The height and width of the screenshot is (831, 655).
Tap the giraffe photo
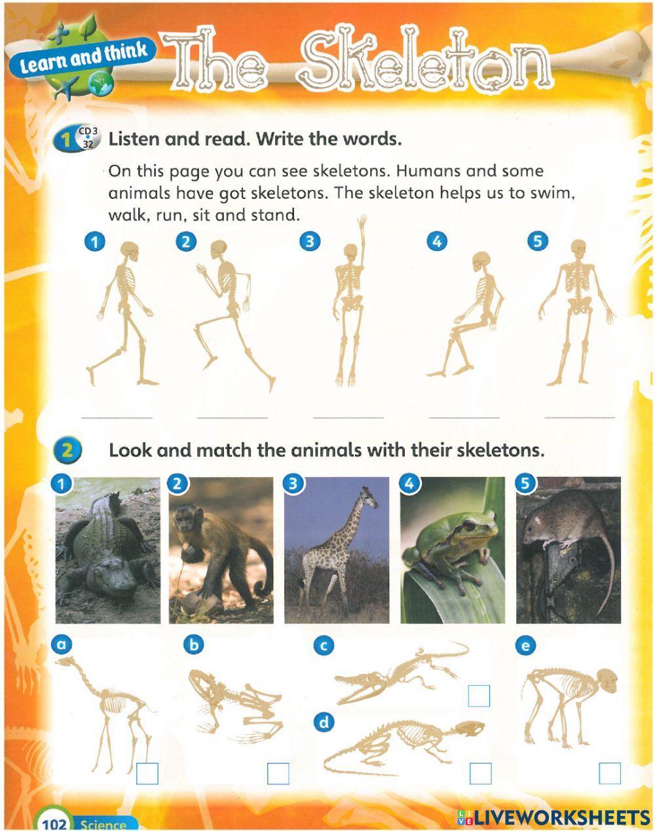tap(336, 550)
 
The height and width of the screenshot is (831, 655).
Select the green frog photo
tap(452, 550)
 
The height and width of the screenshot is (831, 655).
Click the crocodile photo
tap(107, 550)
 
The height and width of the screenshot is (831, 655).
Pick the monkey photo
tap(221, 550)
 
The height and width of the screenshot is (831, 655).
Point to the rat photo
tap(568, 550)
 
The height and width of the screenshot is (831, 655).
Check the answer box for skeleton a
tap(147, 773)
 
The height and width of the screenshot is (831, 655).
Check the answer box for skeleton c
tap(479, 696)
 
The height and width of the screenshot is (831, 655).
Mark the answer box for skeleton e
tap(609, 773)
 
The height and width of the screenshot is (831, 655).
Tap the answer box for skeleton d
tap(480, 773)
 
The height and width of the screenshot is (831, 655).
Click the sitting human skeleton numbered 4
tap(468, 314)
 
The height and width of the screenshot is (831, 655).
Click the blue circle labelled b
tap(193, 645)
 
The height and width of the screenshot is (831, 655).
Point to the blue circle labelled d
tap(324, 722)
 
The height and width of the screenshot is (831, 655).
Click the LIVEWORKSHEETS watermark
tap(553, 817)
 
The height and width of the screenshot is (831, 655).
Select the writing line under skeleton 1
tap(117, 417)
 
